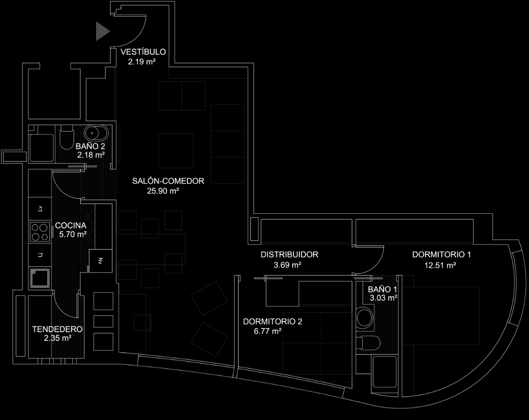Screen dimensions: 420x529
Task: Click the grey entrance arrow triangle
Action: (x=102, y=31)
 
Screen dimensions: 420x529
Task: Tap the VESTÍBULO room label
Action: (x=143, y=52)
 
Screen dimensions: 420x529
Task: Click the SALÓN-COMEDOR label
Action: (x=168, y=181)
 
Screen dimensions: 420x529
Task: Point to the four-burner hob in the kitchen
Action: (x=40, y=232)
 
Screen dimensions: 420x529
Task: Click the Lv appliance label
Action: (x=40, y=209)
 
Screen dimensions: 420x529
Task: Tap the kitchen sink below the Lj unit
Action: (x=40, y=279)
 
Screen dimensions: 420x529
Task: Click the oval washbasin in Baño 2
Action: (x=97, y=133)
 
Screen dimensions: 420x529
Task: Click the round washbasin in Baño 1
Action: (x=365, y=318)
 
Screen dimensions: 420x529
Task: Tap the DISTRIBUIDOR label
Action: (x=289, y=255)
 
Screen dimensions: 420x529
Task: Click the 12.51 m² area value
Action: (x=440, y=266)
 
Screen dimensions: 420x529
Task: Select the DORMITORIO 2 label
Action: (x=273, y=322)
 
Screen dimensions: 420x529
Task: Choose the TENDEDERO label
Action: (x=57, y=329)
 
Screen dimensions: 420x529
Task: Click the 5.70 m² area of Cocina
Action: (x=73, y=235)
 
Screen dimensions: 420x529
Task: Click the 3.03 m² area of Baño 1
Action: (x=383, y=298)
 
